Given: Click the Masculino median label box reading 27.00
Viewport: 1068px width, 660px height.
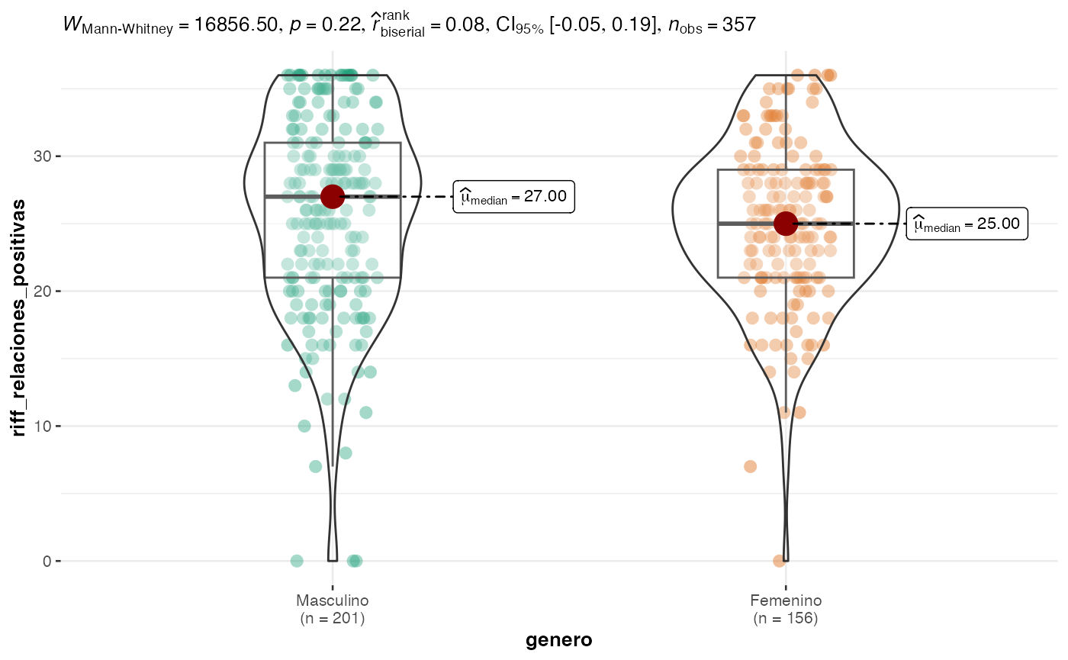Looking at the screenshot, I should point(513,197).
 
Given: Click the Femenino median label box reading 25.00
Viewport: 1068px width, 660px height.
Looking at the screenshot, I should point(967,224).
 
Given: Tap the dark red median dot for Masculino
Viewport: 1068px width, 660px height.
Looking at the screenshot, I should point(332,196).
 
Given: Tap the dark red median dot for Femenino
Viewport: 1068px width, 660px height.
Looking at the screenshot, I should point(786,224).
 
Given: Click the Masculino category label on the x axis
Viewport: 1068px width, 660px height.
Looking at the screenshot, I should point(332,601).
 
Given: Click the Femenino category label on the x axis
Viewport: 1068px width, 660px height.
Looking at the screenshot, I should point(786,601).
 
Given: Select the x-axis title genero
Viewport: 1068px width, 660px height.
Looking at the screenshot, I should point(558,641).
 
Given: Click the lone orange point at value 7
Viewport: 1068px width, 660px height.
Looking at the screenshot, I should point(751,466).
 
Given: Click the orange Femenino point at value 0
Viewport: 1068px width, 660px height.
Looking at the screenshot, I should point(779,561).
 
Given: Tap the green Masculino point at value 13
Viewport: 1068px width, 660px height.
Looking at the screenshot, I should point(295,385).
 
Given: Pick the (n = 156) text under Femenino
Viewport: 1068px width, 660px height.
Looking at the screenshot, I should point(786,619).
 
